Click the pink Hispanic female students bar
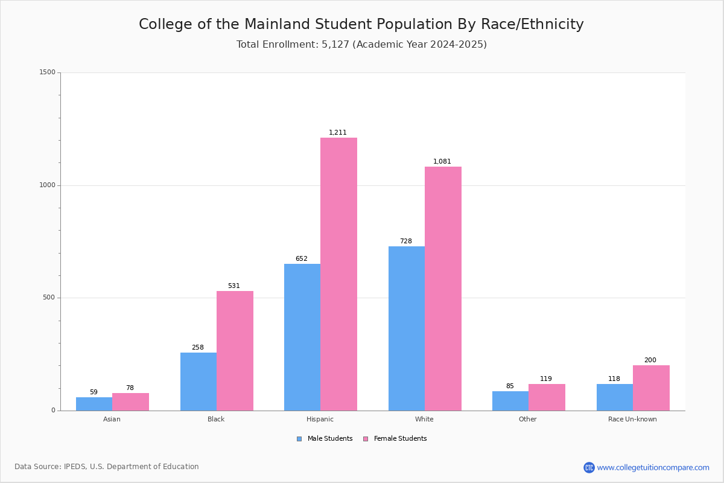point(338,274)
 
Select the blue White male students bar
point(407,328)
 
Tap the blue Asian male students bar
point(94,404)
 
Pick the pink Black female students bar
point(235,351)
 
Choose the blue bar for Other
point(510,401)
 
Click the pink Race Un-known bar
point(651,388)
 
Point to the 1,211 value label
point(338,132)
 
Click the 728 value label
point(406,241)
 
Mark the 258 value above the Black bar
point(198,347)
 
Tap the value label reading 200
point(650,360)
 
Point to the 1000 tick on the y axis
point(48,185)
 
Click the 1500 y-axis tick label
point(48,72)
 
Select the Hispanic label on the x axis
point(320,419)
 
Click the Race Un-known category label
point(632,419)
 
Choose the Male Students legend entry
point(325,439)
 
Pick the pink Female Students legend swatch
point(366,439)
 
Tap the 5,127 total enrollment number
point(335,44)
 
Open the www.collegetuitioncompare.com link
point(653,467)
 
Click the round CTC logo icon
point(589,467)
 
